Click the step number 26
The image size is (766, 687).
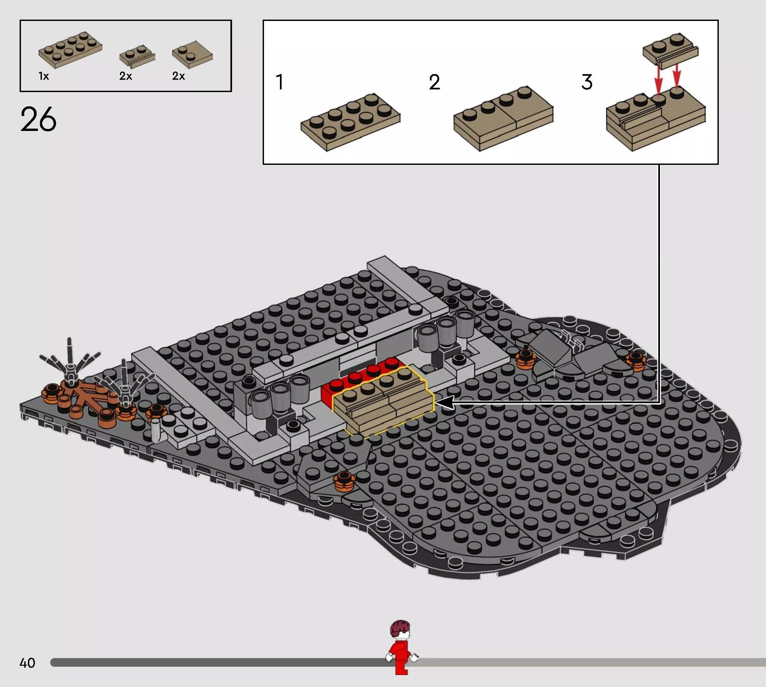[38, 119]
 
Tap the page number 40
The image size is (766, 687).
[27, 663]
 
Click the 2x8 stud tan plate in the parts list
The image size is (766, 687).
[70, 50]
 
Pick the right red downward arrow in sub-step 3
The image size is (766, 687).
[677, 75]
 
